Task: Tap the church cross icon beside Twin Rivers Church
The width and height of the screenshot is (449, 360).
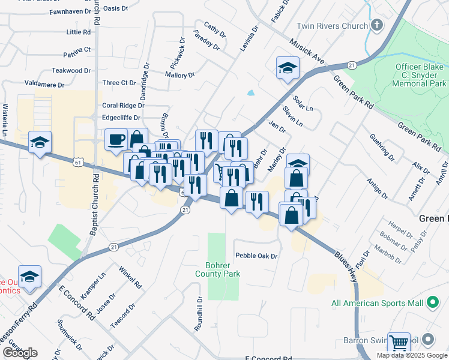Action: [376, 25]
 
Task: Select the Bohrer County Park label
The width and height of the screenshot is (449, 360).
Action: [217, 269]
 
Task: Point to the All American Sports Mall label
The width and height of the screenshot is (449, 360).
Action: [378, 303]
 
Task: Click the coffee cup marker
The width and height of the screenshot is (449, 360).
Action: [116, 139]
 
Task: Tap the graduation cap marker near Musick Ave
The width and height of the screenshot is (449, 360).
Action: [288, 67]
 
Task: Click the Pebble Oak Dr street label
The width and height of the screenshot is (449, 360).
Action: [256, 256]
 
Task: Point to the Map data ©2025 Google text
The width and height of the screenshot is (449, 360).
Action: [411, 355]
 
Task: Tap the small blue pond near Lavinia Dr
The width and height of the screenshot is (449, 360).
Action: [250, 93]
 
